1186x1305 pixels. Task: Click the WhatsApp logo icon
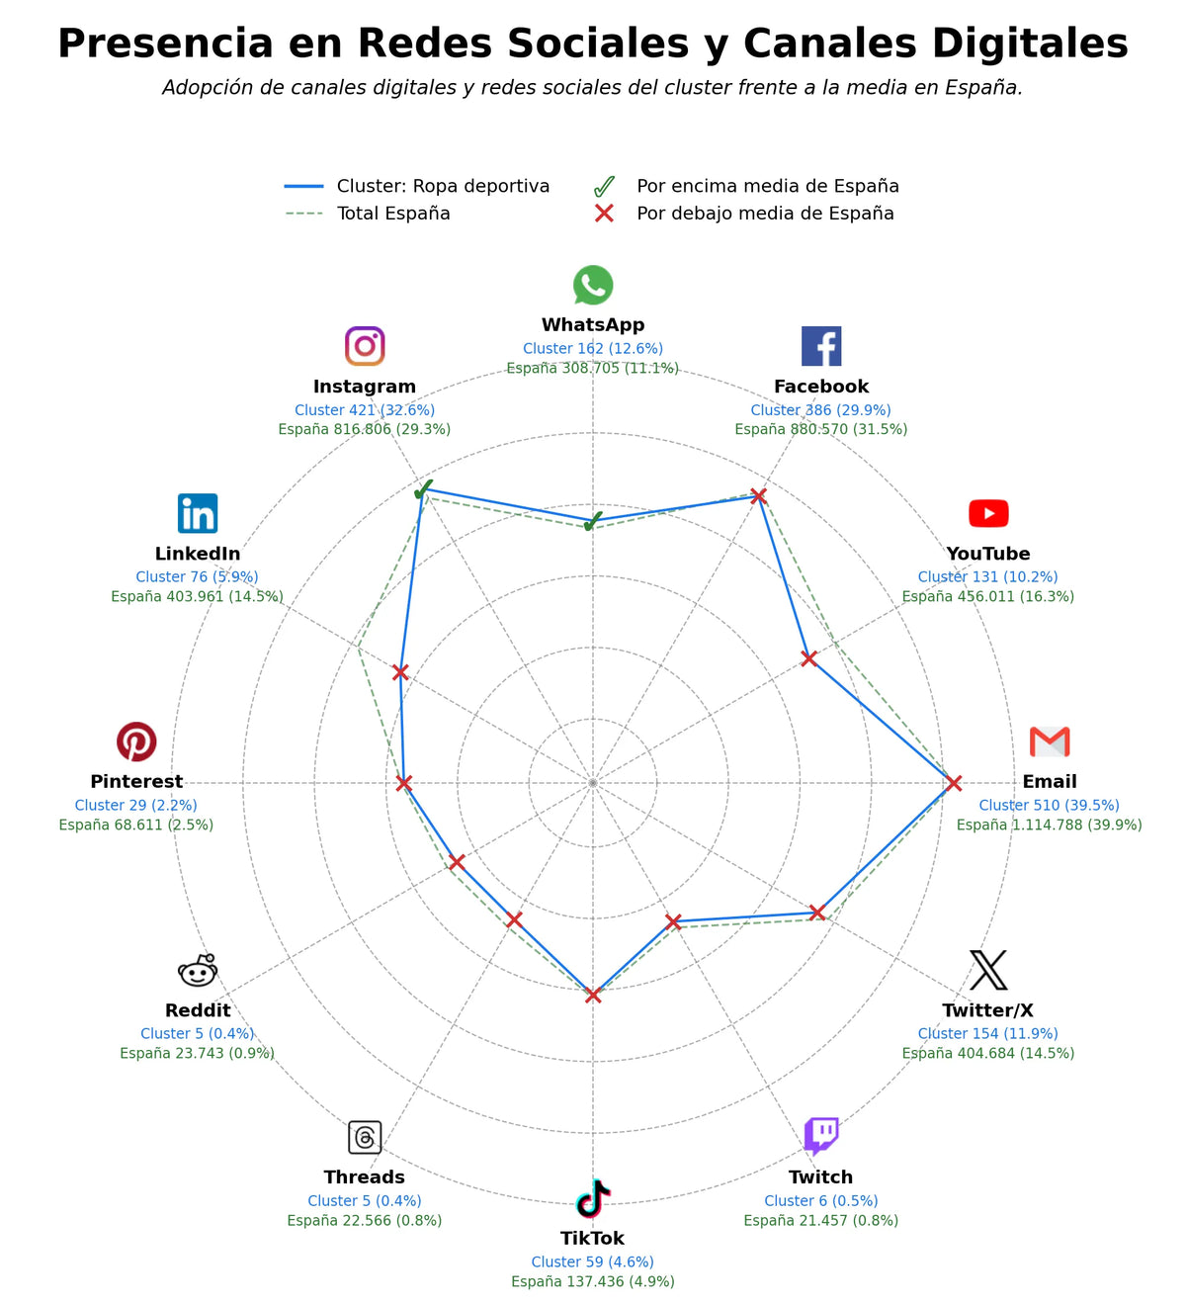[593, 285]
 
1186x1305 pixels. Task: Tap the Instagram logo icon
[365, 345]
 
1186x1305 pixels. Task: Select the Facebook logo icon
[821, 345]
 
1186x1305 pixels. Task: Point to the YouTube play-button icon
[988, 513]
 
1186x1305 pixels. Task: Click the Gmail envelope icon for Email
[1050, 741]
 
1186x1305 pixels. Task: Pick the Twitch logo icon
[821, 1135]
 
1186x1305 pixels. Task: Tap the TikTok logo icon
[593, 1197]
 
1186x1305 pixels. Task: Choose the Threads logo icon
[365, 1137]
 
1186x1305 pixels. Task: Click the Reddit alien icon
[198, 970]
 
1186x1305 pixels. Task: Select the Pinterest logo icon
[136, 740]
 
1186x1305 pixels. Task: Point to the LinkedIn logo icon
[198, 513]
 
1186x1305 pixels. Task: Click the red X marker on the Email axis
[953, 783]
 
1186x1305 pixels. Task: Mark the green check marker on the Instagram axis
[424, 488]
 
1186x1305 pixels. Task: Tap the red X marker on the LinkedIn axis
[400, 672]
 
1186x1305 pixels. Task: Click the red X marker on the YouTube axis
[808, 658]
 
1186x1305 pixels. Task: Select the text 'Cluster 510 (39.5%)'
[1049, 805]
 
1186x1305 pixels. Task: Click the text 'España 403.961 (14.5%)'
[197, 596]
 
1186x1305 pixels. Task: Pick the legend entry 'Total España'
[393, 214]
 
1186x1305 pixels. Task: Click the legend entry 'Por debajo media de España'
[765, 214]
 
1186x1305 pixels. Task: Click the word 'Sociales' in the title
[597, 43]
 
